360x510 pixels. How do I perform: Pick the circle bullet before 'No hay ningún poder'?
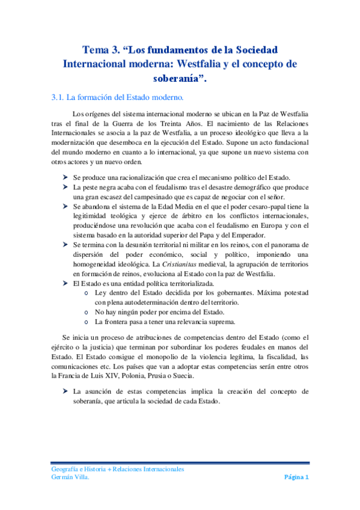88,312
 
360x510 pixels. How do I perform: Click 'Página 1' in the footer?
296,478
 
